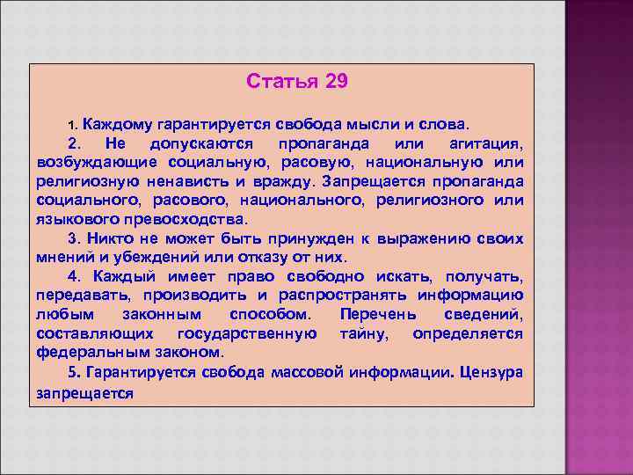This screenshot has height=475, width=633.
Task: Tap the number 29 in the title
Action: (x=336, y=82)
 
